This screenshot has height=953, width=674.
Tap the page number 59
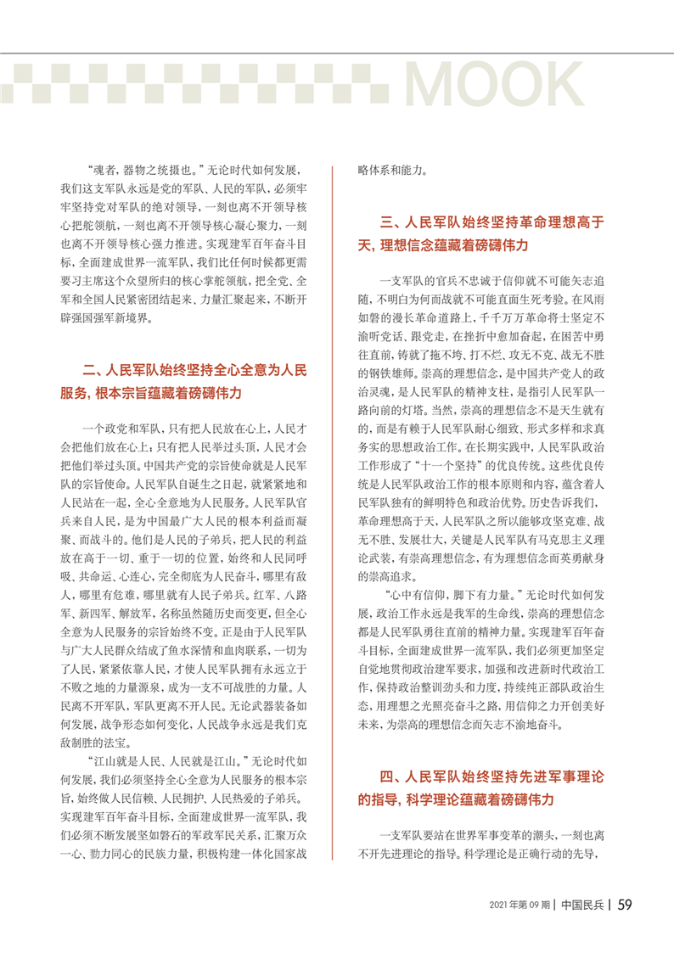[624, 904]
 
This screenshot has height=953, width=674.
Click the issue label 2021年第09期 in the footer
[519, 905]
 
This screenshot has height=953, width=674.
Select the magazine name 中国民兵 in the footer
[582, 905]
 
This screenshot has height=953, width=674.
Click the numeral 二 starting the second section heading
[89, 370]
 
